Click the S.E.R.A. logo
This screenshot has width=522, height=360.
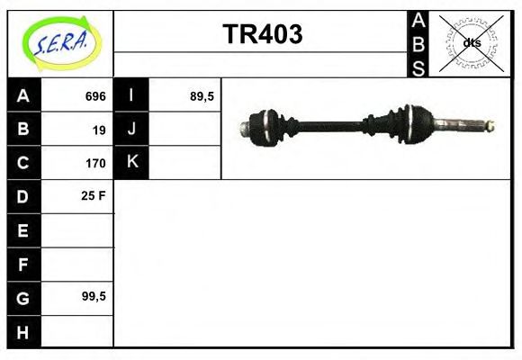click(60, 43)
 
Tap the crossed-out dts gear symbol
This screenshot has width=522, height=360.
click(470, 43)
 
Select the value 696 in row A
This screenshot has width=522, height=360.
click(95, 96)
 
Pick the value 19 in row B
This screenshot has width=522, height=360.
click(99, 130)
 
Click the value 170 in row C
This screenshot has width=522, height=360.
click(95, 163)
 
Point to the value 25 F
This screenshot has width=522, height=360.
click(94, 195)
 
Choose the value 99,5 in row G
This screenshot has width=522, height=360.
click(94, 295)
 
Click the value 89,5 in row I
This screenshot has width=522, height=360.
click(202, 96)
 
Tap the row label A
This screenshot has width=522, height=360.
click(23, 95)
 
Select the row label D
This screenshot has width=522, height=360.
click(23, 195)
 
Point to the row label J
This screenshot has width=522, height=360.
click(132, 129)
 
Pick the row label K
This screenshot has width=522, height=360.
click(132, 162)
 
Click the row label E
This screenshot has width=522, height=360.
click(23, 229)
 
